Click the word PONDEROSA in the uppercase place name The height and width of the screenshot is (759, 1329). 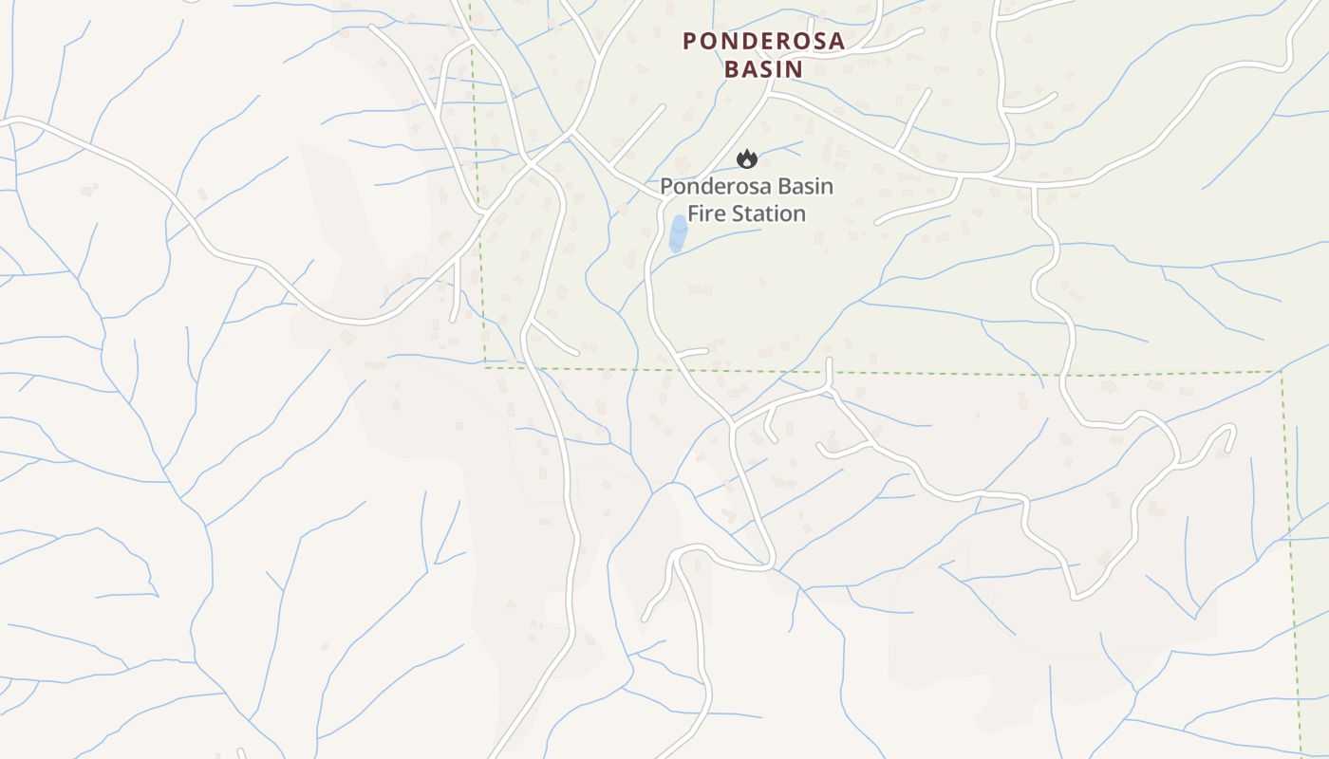point(763,41)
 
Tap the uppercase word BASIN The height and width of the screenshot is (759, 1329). point(763,69)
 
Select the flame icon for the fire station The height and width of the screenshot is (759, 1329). point(747,159)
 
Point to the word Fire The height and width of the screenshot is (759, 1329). point(707,213)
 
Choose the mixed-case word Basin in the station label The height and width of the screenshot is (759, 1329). point(806,186)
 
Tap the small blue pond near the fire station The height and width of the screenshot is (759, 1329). point(678,232)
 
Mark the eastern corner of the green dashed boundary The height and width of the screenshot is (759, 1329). point(1282,372)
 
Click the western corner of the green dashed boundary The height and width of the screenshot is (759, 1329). point(485,364)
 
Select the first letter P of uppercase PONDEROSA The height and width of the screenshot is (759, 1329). point(690,41)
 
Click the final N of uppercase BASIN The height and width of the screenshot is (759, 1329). point(795,69)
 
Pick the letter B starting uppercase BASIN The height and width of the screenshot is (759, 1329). point(732,69)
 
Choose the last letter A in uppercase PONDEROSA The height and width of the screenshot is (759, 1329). point(835,41)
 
